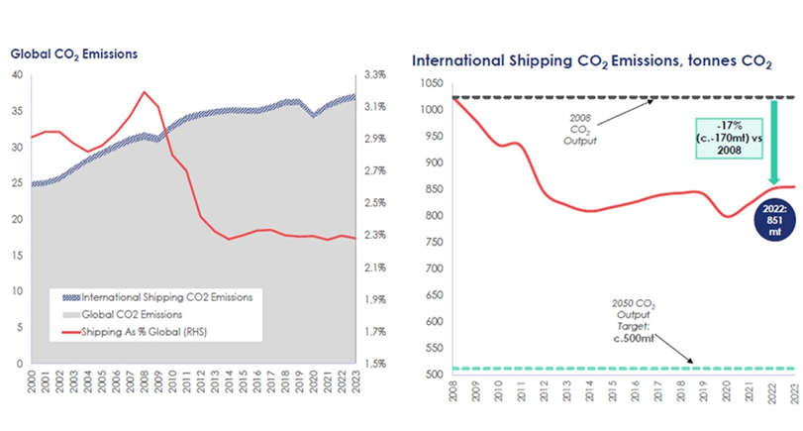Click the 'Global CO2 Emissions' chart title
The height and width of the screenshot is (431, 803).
coord(74,54)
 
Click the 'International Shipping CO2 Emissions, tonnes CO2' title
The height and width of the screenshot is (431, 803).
coord(591,60)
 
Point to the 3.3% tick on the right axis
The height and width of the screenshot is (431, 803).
coord(374,74)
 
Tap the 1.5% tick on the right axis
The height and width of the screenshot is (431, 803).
coord(374,364)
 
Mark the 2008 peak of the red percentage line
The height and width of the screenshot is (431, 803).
coord(145,92)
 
